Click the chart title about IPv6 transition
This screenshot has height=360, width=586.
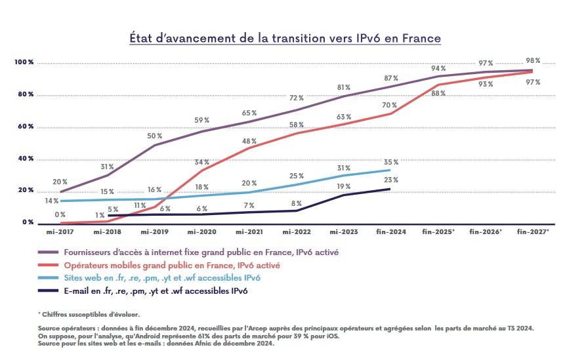click(285, 38)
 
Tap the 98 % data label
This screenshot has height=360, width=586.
click(533, 60)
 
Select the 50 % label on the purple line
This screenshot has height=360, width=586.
click(155, 136)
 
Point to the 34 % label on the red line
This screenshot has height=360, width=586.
click(201, 162)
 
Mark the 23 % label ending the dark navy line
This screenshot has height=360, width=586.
click(390, 180)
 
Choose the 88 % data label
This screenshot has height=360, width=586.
click(438, 94)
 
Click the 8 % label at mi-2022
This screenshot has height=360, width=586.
click(296, 203)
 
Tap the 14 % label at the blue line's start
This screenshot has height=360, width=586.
click(52, 201)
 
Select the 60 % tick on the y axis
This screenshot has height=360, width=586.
click(26, 126)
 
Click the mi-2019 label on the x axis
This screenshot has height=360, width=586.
click(155, 232)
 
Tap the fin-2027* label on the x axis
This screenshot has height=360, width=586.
click(533, 232)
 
